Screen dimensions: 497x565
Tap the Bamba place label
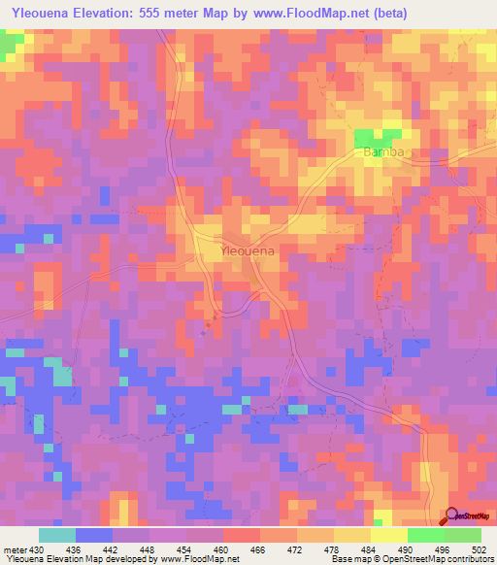[381, 153]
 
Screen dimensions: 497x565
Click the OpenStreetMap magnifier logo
[452, 516]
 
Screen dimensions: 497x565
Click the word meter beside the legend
[15, 549]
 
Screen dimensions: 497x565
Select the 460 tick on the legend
[223, 549]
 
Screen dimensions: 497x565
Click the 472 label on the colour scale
[297, 549]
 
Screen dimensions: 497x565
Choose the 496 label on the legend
[444, 549]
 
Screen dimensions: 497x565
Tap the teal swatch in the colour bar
[57, 535]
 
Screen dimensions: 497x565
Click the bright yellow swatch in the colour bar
[388, 535]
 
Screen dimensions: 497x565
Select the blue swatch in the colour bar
[94, 535]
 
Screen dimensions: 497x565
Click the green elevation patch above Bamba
[379, 137]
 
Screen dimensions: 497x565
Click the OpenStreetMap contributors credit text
[433, 559]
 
